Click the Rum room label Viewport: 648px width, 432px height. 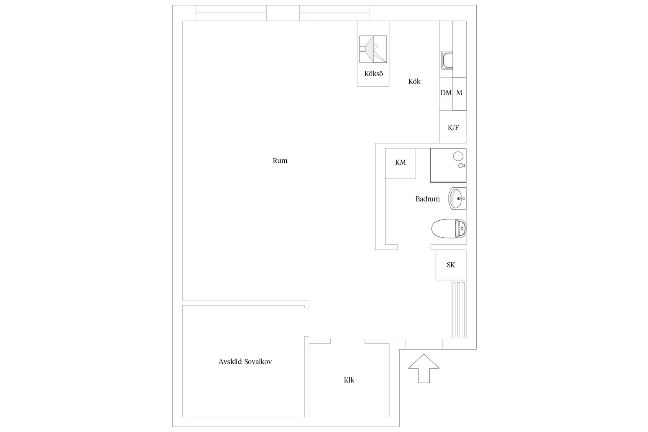pyautogui.click(x=280, y=161)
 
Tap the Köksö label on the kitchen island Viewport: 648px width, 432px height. pyautogui.click(x=373, y=74)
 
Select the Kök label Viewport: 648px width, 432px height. pyautogui.click(x=414, y=81)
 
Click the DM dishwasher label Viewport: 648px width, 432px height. pyautogui.click(x=446, y=93)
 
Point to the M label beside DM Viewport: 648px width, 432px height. pyautogui.click(x=459, y=93)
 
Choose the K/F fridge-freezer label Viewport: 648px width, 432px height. pyautogui.click(x=453, y=127)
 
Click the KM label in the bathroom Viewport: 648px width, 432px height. pyautogui.click(x=400, y=163)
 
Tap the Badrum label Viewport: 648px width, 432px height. pyautogui.click(x=427, y=199)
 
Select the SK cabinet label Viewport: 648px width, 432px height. pyautogui.click(x=451, y=265)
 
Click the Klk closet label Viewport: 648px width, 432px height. pyautogui.click(x=349, y=380)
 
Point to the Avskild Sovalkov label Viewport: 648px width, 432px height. pyautogui.click(x=245, y=361)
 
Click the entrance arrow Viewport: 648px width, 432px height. pyautogui.click(x=424, y=368)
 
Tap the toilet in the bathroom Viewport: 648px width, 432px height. pyautogui.click(x=448, y=229)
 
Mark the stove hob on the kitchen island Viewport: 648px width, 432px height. pyautogui.click(x=373, y=49)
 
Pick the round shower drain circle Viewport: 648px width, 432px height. pyautogui.click(x=458, y=157)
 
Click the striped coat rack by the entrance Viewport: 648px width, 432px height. pyautogui.click(x=459, y=309)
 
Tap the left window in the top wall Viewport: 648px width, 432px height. pyautogui.click(x=231, y=13)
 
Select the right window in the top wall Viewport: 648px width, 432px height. pyautogui.click(x=335, y=13)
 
